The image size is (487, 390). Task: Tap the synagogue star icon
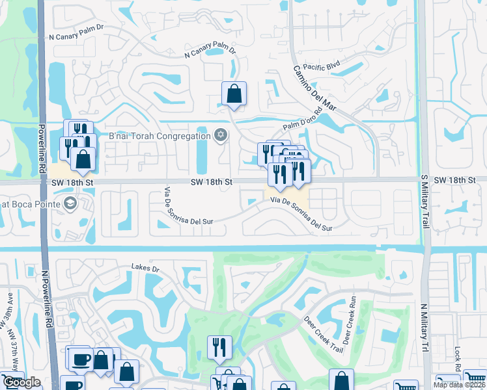(220, 135)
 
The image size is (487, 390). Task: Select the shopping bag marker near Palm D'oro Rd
(234, 94)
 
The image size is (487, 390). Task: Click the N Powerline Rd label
(47, 298)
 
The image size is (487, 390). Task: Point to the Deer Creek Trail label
(322, 334)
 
